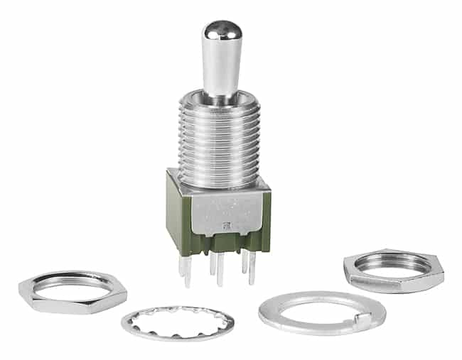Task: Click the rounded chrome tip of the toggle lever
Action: click(x=220, y=31)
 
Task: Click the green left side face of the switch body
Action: click(x=176, y=213)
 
